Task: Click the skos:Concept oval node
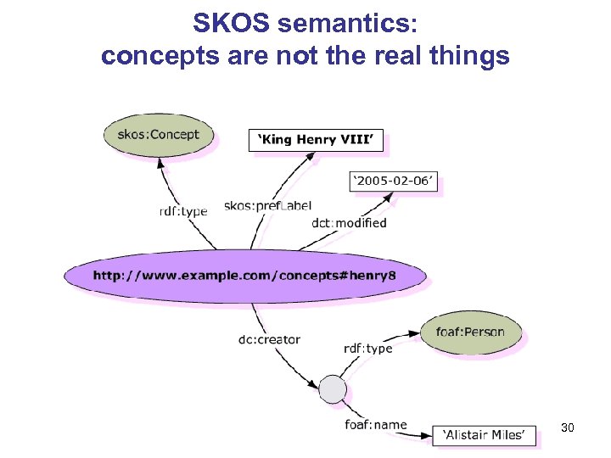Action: (x=158, y=134)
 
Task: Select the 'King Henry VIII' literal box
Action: (x=316, y=140)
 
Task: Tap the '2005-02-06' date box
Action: (x=394, y=182)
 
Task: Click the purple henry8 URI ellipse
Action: (x=244, y=275)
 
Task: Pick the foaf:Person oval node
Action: (x=469, y=332)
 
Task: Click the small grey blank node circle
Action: (x=333, y=389)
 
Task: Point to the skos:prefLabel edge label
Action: (x=267, y=205)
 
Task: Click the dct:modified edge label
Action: (x=349, y=223)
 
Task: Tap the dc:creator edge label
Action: (x=269, y=339)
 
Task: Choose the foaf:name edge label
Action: (x=375, y=424)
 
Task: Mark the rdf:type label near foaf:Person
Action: (x=367, y=348)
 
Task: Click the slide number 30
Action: (x=567, y=428)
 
